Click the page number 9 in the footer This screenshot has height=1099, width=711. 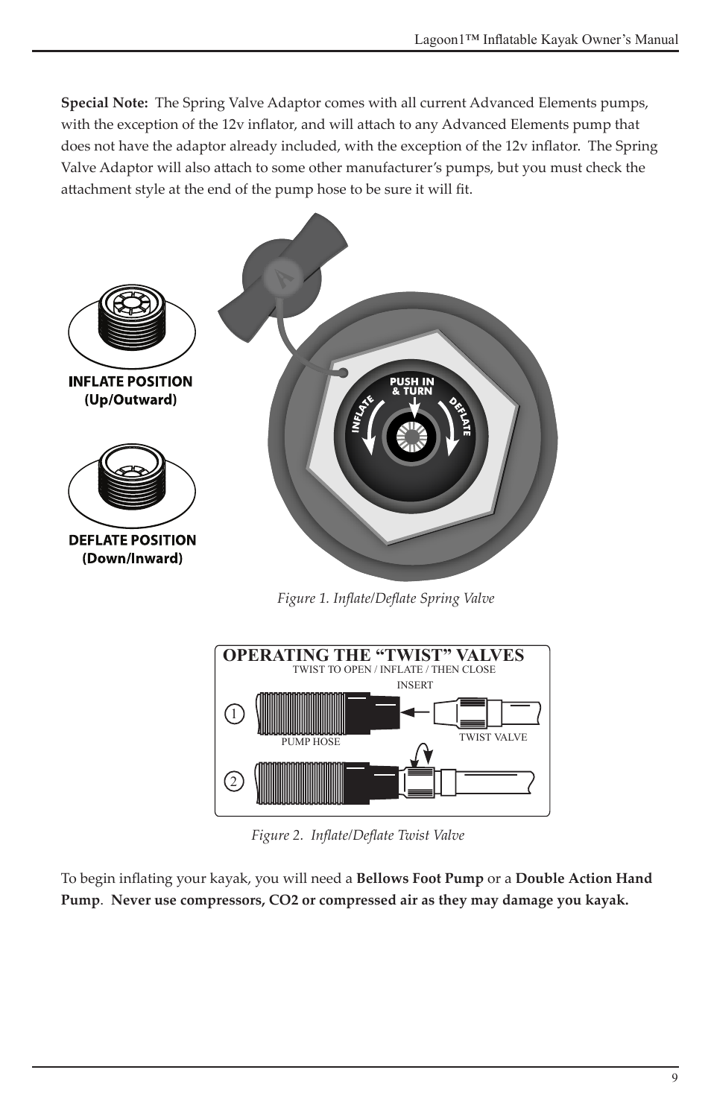tap(674, 1078)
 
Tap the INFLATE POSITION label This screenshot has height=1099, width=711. tap(130, 381)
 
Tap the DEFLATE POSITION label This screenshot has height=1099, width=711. tap(132, 540)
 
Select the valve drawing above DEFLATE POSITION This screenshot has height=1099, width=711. tap(132, 484)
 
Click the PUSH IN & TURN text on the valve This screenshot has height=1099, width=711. tap(412, 386)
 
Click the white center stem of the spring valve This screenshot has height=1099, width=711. tap(411, 437)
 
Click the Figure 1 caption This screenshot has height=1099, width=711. tap(385, 598)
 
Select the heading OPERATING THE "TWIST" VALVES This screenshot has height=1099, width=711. tap(373, 655)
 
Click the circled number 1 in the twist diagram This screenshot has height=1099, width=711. tap(234, 714)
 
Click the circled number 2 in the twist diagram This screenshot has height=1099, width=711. tap(233, 782)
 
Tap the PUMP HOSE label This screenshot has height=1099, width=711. tap(310, 742)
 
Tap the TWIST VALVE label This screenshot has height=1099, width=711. tap(493, 737)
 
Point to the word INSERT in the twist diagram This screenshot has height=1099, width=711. tap(414, 685)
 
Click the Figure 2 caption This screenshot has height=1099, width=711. tap(357, 835)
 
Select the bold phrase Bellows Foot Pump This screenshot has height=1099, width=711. tap(420, 878)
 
